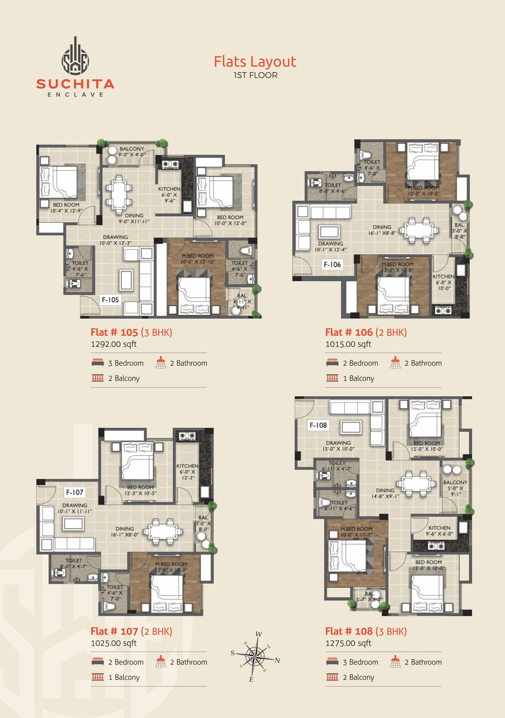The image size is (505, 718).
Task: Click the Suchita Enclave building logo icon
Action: [75, 56]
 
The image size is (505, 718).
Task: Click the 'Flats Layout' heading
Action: [255, 62]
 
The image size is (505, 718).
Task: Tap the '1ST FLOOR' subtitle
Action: [255, 75]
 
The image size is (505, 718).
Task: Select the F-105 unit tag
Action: [110, 300]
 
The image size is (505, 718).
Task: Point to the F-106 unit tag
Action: [332, 264]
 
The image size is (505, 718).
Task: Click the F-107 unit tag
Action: [74, 492]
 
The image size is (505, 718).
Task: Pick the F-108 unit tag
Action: [318, 425]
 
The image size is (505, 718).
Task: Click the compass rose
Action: [256, 656]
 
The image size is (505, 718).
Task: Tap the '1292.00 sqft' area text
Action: [114, 344]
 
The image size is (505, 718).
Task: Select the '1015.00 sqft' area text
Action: [348, 344]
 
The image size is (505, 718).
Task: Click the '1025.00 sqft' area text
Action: [114, 643]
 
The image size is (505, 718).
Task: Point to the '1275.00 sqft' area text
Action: [348, 643]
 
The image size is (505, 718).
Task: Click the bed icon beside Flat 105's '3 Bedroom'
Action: [97, 363]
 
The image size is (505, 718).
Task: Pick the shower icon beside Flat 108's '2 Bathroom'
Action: [395, 661]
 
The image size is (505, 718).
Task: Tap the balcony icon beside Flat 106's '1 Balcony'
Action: [332, 378]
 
